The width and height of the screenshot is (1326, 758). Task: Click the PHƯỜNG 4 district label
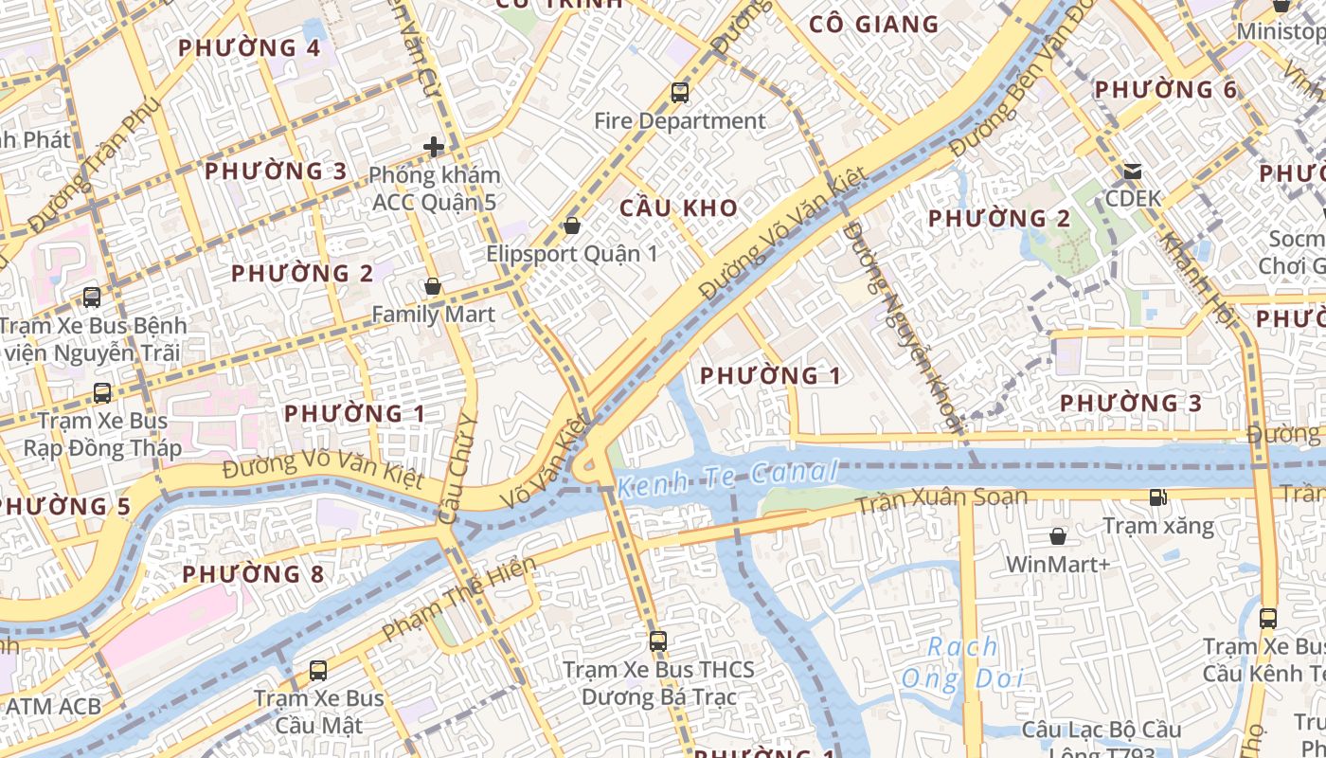tap(249, 47)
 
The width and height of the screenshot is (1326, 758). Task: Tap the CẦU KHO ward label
tap(678, 208)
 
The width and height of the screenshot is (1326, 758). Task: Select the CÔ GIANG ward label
tap(874, 25)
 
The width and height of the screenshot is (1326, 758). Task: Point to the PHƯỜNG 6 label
tap(1165, 90)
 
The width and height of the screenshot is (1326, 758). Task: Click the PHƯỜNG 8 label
tap(253, 574)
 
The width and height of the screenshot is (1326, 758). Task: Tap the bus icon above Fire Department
tap(680, 93)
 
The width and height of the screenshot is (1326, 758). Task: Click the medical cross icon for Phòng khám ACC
tap(434, 147)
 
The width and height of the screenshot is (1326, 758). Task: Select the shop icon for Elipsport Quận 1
tap(571, 226)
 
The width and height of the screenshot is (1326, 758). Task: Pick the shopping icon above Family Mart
tap(433, 286)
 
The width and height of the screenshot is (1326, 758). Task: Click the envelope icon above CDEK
tap(1133, 171)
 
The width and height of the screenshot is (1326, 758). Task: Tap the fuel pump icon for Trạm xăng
tap(1157, 497)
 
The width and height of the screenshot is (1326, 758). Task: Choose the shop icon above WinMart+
tap(1058, 536)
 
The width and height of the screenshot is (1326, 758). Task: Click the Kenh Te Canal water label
tap(727, 479)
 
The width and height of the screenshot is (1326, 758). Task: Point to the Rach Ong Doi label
tap(962, 663)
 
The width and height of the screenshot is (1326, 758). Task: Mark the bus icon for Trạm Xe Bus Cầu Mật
tap(318, 671)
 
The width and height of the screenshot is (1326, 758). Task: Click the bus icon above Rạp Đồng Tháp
tap(102, 392)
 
